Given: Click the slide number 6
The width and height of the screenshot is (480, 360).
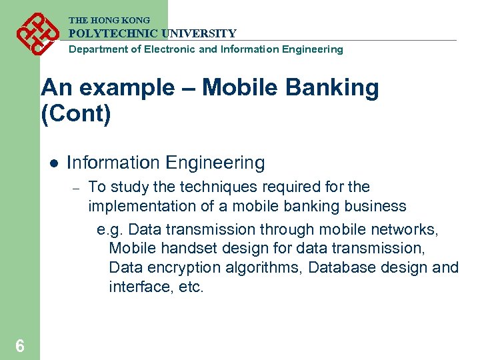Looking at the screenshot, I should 20,345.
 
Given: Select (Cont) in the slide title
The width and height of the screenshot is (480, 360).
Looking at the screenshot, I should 75,113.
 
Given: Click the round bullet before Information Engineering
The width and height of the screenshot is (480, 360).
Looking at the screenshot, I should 54,163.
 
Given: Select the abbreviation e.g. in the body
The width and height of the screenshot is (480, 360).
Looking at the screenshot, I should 110,230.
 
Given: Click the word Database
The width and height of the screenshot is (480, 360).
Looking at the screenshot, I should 339,268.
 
